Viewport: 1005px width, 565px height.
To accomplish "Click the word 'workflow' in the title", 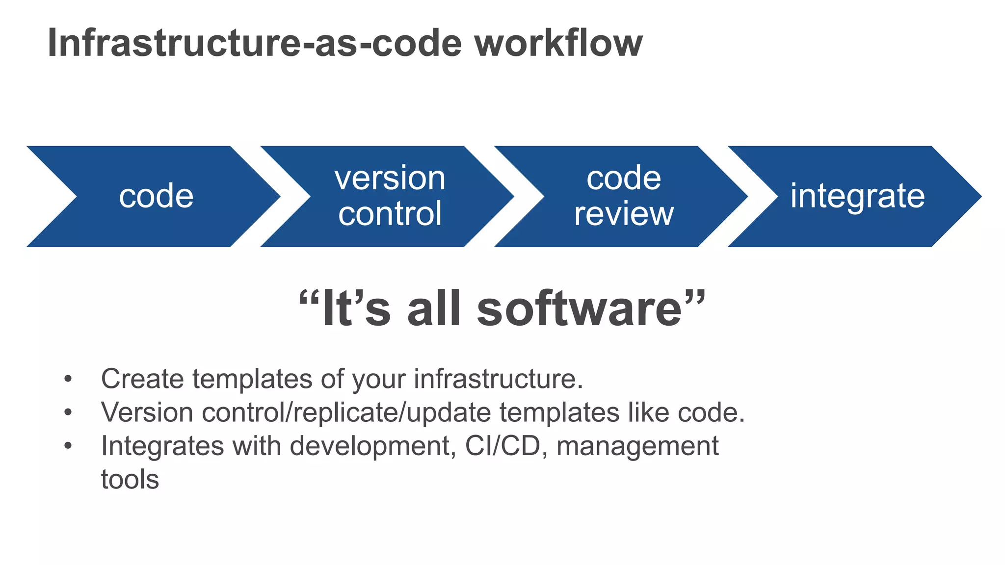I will click(558, 43).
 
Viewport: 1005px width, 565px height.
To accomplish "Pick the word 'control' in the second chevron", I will click(390, 214).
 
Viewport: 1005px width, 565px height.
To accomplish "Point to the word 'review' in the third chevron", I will click(624, 214).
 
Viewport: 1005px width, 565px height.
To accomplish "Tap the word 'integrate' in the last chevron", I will click(857, 196).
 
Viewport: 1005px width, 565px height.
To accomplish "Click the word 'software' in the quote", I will click(580, 309).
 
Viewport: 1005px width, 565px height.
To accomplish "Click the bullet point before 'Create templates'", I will click(68, 379).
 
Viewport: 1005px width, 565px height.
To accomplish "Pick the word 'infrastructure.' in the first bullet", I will click(499, 379).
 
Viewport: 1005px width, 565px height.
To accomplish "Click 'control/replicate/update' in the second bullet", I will click(346, 412).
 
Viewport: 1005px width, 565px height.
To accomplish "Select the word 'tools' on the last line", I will click(130, 480).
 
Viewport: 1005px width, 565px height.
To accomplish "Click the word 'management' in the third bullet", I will click(637, 446).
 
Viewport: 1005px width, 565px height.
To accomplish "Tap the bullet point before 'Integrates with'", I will click(68, 446).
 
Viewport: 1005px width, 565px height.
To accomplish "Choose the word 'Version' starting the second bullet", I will click(147, 412).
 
